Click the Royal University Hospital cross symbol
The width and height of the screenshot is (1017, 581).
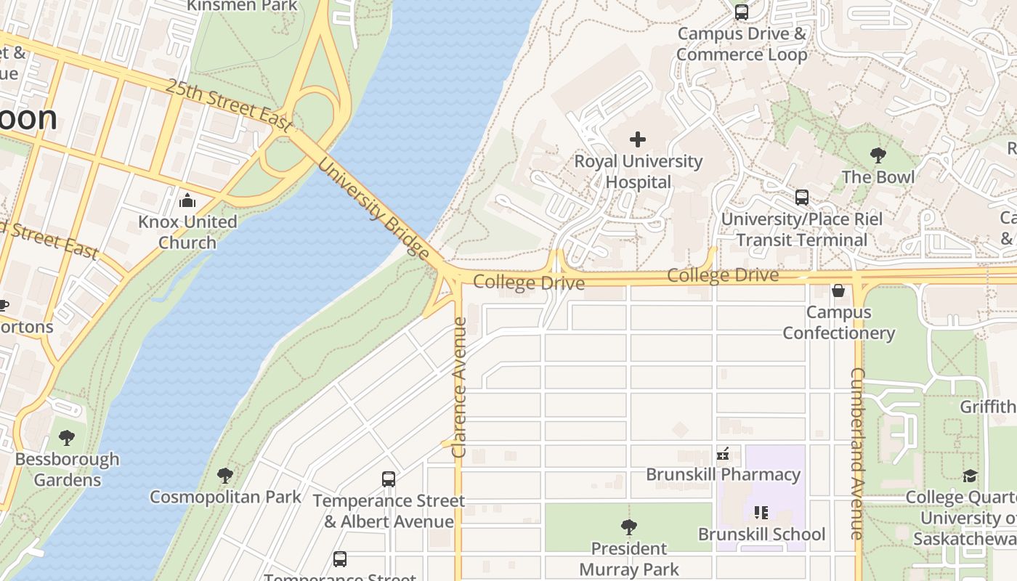[638, 139]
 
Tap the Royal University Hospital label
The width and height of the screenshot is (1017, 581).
[639, 171]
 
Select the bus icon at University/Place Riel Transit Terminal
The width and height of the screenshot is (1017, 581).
[802, 198]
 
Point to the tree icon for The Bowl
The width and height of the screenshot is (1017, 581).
[878, 155]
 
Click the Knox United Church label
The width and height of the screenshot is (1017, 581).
[187, 232]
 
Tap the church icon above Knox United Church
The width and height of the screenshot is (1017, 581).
[187, 200]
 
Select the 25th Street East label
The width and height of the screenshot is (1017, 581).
[229, 106]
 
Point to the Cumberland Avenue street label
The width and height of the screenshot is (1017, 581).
[857, 453]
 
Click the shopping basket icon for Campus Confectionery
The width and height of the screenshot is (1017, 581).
[838, 290]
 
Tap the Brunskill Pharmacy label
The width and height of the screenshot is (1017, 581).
[724, 474]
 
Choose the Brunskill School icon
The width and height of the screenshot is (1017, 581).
[761, 513]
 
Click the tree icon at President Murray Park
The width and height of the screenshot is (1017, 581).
[629, 527]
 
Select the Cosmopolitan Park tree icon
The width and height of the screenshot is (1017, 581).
[225, 476]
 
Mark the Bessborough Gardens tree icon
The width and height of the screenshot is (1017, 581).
[67, 438]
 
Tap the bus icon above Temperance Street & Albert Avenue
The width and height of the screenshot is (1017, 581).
[389, 479]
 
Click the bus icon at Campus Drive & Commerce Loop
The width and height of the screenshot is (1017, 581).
[742, 12]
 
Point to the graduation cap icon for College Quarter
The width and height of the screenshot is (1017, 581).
[970, 476]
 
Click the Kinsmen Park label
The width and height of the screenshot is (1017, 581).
[242, 6]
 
